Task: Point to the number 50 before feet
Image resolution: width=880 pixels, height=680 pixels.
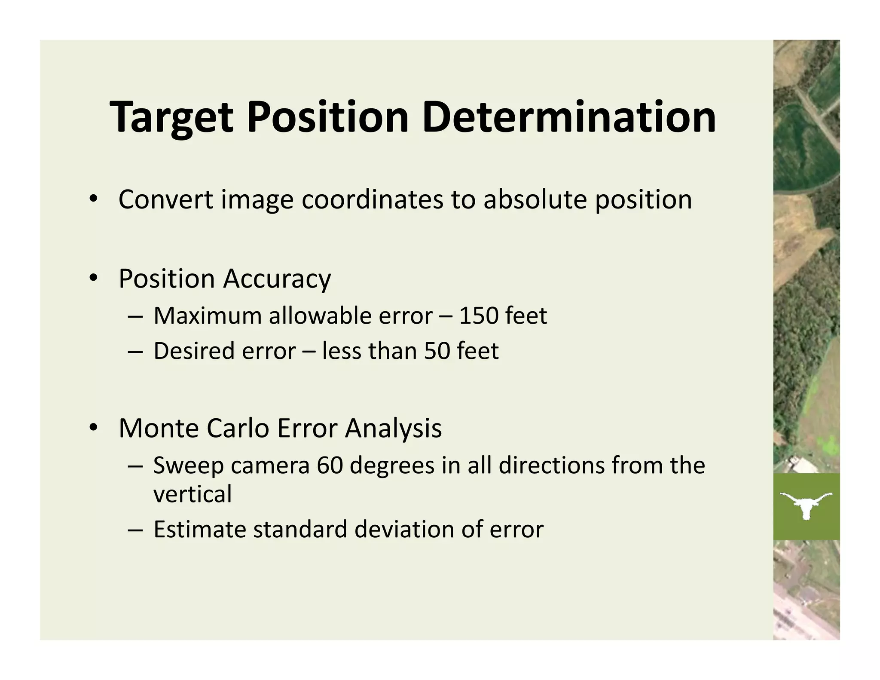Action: point(437,351)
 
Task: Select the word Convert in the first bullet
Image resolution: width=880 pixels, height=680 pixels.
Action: point(165,200)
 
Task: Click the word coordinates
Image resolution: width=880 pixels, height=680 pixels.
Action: point(372,200)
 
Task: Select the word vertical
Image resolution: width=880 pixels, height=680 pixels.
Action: point(192,494)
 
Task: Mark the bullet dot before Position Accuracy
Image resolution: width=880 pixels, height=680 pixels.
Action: point(93,279)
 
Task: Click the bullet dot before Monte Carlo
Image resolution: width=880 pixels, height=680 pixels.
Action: point(93,428)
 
